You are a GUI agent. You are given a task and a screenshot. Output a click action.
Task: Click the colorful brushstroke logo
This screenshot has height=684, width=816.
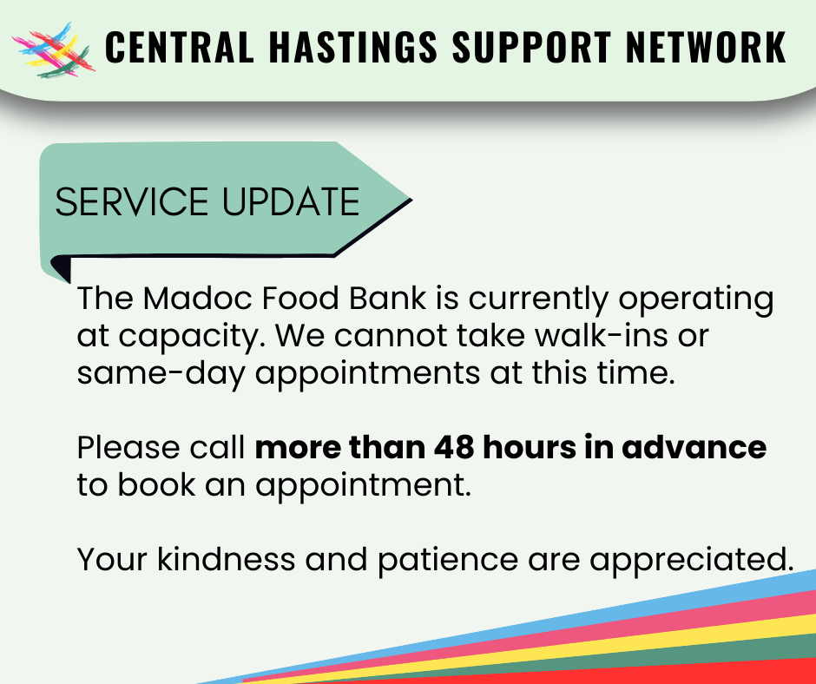point(53,50)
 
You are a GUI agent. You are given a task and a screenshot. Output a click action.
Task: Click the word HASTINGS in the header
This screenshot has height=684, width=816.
point(353,47)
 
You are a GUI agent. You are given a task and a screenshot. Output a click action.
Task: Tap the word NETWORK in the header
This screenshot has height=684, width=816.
point(707,47)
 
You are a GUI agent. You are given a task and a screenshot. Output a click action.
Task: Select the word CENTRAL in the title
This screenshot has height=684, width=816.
point(180,47)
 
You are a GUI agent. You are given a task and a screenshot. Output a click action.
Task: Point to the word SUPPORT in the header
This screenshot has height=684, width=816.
point(531,47)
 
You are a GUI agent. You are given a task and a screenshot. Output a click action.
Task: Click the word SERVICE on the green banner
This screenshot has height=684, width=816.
point(132,201)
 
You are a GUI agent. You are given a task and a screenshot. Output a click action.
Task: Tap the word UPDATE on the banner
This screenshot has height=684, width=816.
point(291,201)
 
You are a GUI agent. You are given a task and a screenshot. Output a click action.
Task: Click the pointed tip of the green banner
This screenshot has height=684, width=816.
point(411,199)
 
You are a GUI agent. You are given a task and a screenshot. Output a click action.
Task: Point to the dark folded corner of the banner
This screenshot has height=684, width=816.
point(61,267)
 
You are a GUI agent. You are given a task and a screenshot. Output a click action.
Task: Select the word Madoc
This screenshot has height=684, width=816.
point(197,299)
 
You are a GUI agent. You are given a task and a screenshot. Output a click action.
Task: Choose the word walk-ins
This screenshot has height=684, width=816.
point(601,336)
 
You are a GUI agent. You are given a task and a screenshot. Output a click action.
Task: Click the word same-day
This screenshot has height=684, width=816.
point(161,374)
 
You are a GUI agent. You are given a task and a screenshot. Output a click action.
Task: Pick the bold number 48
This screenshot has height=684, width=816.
point(454,448)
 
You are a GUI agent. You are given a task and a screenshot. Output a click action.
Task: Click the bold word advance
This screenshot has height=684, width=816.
point(694,448)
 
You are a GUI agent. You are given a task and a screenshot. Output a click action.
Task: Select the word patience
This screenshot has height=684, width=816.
point(448,561)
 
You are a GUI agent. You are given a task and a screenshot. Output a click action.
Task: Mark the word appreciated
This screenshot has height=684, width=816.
point(692,561)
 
